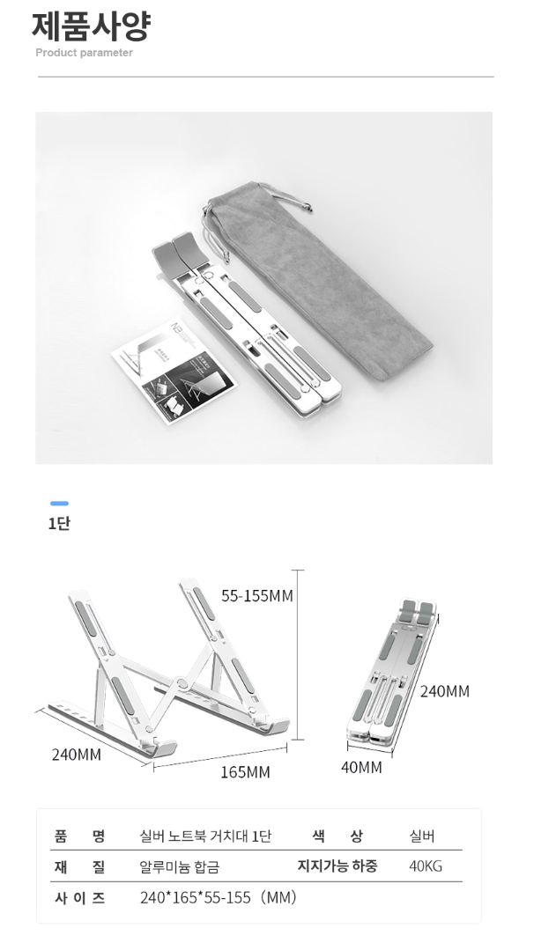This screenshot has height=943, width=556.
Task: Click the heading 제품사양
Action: pos(90,26)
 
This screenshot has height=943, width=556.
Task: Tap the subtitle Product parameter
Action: pos(85,53)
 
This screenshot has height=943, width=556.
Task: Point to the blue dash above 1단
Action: pos(60,503)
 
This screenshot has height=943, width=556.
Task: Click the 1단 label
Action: pos(59,523)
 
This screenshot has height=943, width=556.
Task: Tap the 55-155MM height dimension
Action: pos(257,596)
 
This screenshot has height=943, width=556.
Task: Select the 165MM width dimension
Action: pos(245,771)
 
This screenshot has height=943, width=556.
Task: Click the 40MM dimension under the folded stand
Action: pos(361,768)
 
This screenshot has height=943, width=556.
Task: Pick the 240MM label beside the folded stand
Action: pos(445,691)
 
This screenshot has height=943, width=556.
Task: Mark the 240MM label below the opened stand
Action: pos(77,755)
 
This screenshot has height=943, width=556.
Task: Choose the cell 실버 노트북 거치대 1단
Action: pos(205,836)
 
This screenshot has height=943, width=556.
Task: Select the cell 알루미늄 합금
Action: pos(180,866)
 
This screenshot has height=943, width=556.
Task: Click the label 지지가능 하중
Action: pos(337,866)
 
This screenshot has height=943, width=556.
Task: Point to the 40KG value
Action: pos(426,866)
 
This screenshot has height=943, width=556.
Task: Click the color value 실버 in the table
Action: pos(422,836)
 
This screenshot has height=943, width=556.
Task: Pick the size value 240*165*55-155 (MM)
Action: pos(219,898)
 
